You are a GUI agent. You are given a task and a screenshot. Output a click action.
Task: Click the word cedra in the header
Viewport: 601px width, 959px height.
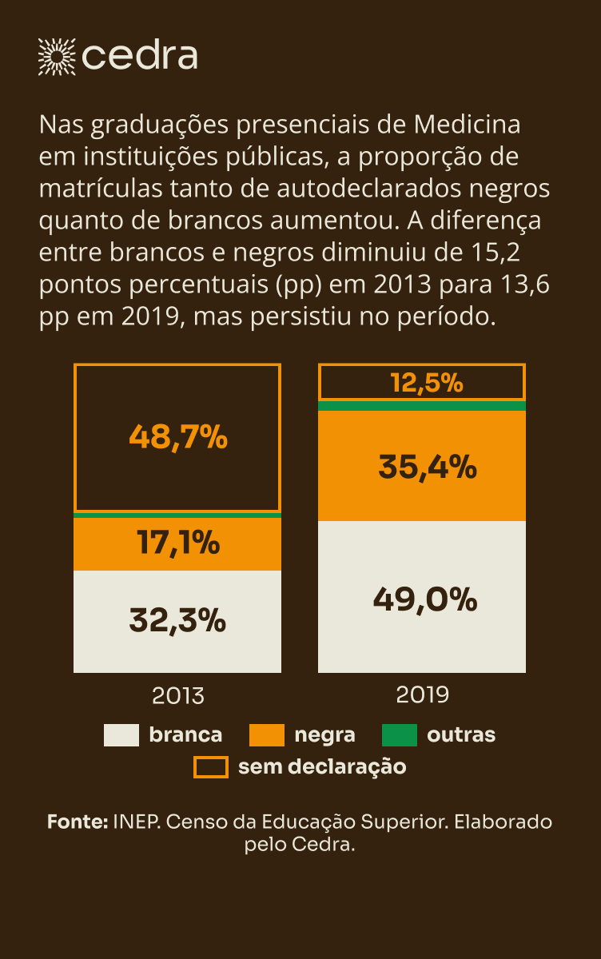[140, 56]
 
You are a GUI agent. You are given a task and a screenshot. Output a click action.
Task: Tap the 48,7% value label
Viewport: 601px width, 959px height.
[177, 438]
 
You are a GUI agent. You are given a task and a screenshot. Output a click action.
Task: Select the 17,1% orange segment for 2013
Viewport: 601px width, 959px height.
[177, 543]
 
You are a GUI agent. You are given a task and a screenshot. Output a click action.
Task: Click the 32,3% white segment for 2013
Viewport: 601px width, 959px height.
[177, 620]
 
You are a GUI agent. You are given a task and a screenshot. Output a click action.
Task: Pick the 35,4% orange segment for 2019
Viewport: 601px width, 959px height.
[422, 466]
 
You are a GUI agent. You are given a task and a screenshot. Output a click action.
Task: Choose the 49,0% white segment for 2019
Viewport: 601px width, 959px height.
[422, 598]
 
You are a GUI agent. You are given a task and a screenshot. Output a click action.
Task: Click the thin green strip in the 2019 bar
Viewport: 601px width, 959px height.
[422, 406]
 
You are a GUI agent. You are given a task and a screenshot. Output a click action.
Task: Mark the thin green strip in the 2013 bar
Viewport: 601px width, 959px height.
[177, 515]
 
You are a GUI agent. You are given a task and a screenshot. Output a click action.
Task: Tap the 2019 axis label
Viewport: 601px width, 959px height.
[422, 694]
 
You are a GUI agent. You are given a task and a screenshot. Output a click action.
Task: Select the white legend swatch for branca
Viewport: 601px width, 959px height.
[121, 735]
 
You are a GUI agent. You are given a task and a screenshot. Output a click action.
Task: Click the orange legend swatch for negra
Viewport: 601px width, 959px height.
[267, 735]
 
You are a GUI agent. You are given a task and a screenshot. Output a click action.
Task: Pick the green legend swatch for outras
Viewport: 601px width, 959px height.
[400, 735]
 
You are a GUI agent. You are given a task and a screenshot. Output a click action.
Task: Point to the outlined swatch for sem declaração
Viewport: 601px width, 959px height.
[211, 767]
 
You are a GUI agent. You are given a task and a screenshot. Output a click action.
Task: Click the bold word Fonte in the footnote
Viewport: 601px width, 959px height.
[77, 822]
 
